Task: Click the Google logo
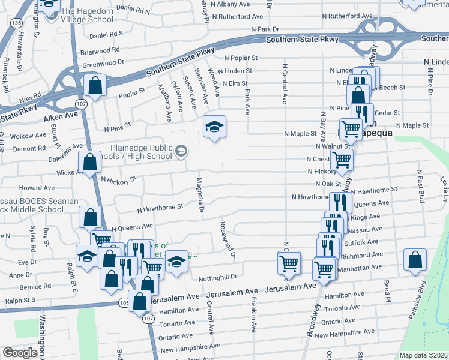20,353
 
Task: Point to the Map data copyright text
423,355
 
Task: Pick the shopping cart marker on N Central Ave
289,263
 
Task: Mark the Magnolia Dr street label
200,194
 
